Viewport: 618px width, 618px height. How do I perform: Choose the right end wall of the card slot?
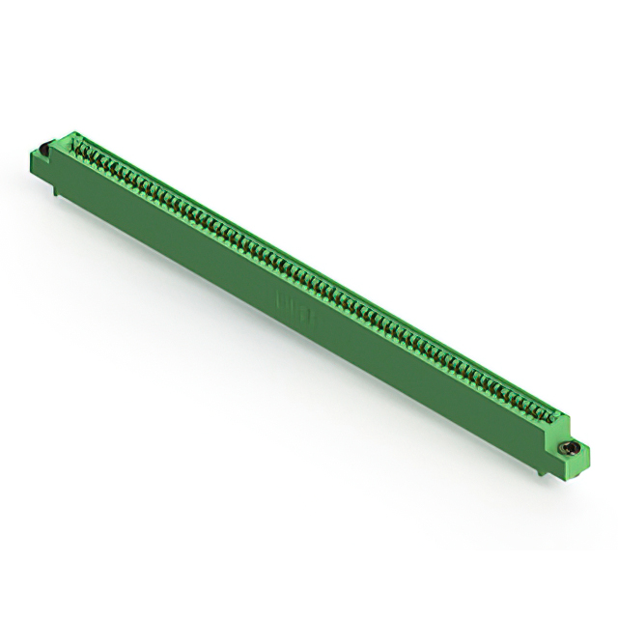click(x=559, y=414)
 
